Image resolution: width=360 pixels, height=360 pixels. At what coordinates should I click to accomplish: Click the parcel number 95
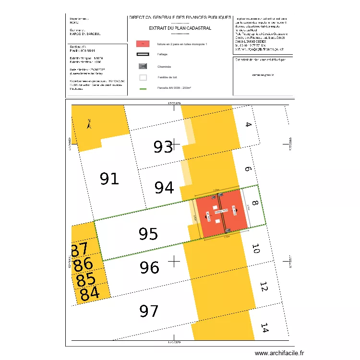point(148,234)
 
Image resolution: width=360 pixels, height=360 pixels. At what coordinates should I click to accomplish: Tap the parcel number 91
point(109,179)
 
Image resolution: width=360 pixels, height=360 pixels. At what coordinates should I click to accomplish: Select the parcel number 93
point(163,147)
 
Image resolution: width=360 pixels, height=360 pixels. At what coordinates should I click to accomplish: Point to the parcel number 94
point(164,188)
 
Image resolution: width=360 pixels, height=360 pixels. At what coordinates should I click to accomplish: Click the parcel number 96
point(149,267)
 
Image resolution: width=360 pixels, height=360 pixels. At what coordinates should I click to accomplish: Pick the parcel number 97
point(149,311)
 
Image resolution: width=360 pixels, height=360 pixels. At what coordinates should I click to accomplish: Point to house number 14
point(264,328)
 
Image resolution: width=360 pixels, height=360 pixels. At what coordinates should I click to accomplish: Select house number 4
point(248,125)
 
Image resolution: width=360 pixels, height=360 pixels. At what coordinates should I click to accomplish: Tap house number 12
point(263,287)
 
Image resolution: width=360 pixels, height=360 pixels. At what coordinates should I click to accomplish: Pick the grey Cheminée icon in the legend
point(143,66)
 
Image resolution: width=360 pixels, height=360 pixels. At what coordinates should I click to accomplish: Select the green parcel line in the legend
point(143,88)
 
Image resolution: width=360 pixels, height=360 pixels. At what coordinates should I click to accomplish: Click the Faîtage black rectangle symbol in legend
point(143,55)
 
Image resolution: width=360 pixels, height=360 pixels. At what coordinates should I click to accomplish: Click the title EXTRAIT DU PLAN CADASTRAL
point(180,28)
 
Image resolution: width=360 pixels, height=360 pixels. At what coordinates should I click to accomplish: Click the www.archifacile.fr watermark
point(279,353)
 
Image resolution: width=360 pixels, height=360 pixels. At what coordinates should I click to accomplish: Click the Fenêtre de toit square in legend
point(143,77)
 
